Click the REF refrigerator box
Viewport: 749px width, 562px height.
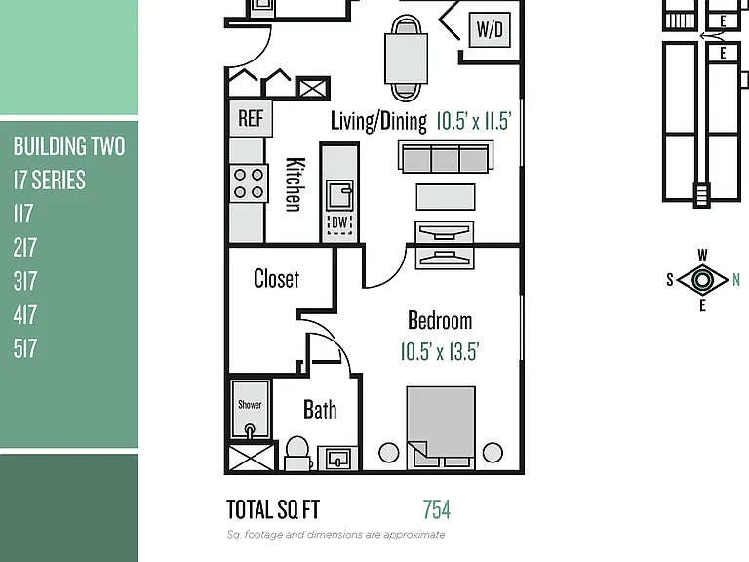251,118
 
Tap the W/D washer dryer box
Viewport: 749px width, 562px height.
490,29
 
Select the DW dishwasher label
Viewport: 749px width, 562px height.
339,222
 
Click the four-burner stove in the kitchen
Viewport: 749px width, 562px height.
249,183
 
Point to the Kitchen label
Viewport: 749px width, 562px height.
296,184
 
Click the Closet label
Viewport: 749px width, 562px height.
277,279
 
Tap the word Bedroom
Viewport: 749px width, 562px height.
440,320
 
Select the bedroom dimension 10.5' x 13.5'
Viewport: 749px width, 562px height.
440,351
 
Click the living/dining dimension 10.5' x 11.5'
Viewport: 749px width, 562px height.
474,121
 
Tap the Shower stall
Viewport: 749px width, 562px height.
251,409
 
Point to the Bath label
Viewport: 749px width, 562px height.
320,410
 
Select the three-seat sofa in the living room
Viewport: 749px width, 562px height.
446,156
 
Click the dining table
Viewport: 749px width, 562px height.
406,59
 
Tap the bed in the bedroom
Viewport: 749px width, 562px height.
441,427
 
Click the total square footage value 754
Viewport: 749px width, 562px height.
437,509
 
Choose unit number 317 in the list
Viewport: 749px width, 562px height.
25,281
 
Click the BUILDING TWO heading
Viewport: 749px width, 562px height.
69,146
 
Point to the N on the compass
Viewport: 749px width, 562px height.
736,280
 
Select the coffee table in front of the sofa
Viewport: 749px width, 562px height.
446,197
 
